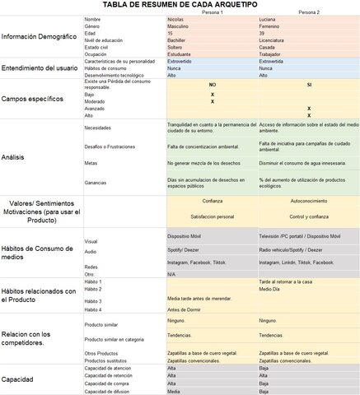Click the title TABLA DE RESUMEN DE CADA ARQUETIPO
(x=180, y=5)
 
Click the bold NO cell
(x=212, y=85)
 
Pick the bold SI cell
(x=308, y=85)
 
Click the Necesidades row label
(x=100, y=128)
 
